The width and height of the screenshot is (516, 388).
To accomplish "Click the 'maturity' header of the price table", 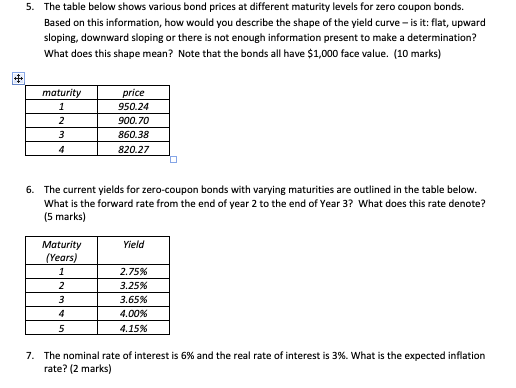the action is [x=61, y=91].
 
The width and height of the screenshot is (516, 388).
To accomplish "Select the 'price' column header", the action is [x=132, y=91].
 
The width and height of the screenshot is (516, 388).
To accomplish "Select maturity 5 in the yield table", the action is [x=62, y=327].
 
